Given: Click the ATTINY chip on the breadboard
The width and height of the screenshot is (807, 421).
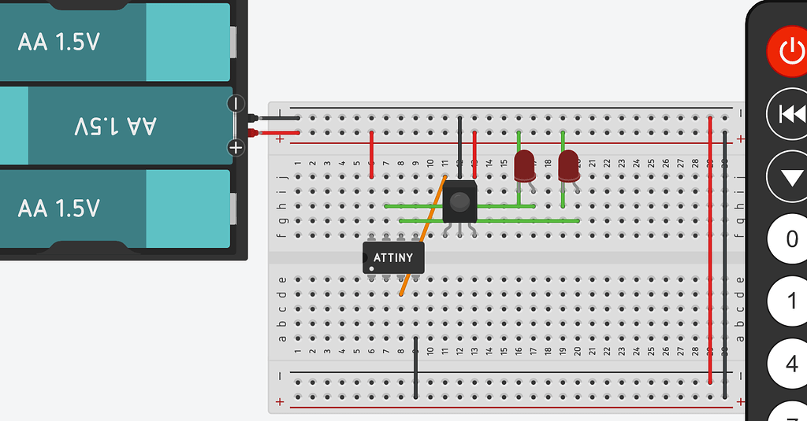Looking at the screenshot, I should [393, 257].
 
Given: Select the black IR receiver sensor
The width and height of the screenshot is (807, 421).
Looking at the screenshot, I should [459, 201].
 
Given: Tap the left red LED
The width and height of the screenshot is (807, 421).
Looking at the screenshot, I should [523, 166].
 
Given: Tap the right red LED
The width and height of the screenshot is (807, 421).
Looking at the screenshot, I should [567, 166].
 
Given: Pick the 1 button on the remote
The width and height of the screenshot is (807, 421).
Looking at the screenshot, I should [792, 301].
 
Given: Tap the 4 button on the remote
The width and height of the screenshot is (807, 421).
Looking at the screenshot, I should [792, 364].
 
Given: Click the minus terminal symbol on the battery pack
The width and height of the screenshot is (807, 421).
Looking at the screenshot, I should [236, 103].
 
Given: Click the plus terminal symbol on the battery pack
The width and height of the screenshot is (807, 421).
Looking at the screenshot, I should [236, 146].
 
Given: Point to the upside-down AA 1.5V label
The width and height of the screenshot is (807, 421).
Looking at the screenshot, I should [117, 125].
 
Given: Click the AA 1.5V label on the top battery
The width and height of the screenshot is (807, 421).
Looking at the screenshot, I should [59, 42].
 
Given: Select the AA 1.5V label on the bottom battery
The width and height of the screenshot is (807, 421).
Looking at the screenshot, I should [59, 209].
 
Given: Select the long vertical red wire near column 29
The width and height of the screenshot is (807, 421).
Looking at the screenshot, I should [711, 252].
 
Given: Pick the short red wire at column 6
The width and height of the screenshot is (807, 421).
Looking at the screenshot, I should [371, 154].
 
